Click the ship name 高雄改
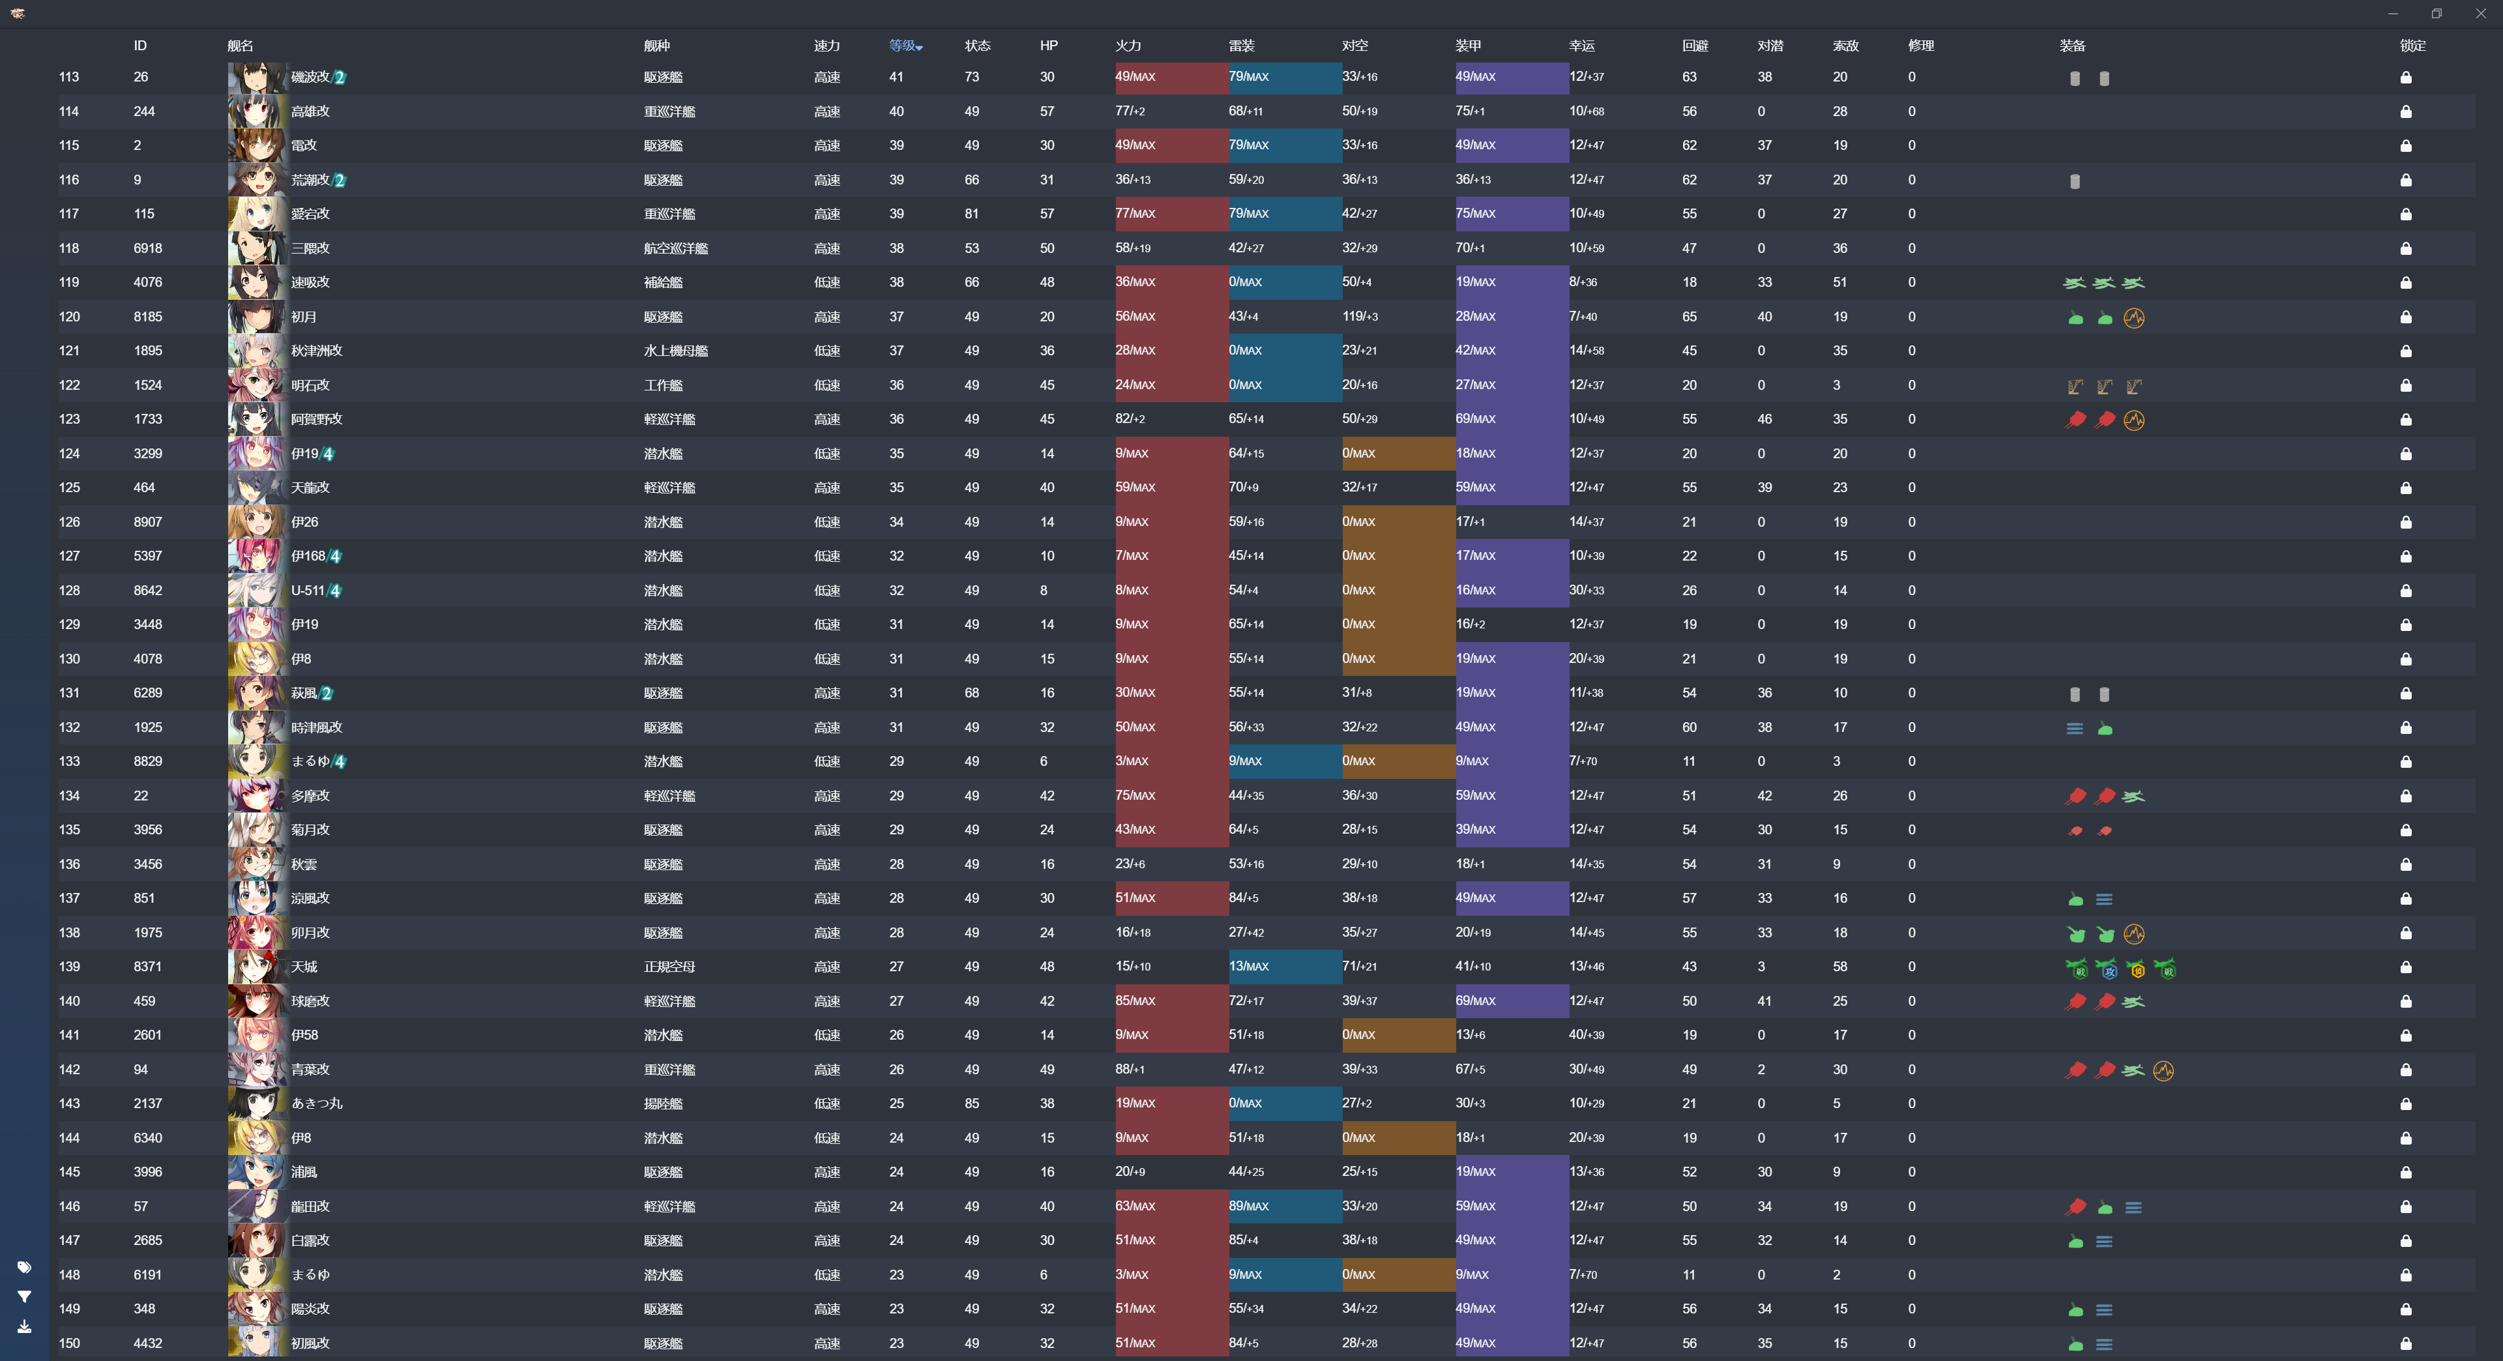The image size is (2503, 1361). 310,111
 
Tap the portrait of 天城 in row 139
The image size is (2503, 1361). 257,967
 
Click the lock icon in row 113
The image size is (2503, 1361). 2406,78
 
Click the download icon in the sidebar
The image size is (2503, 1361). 24,1326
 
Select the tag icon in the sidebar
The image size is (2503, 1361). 24,1266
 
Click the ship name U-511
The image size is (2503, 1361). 308,591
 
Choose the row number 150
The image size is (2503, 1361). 69,1343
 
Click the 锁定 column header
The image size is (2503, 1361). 2412,46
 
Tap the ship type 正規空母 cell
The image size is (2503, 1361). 669,967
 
